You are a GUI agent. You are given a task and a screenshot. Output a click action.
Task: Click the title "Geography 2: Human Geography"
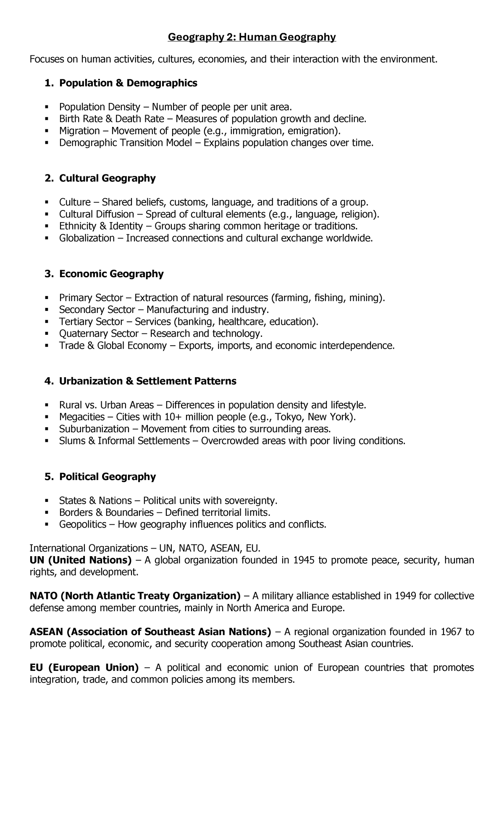pos(252,37)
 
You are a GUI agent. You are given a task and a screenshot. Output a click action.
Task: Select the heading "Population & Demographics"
pos(128,83)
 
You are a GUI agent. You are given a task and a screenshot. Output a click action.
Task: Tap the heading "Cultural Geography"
pos(107,179)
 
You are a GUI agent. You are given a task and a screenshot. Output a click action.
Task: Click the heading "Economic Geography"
pos(111,274)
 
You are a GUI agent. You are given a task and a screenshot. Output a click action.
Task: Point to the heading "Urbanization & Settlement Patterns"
pos(147,381)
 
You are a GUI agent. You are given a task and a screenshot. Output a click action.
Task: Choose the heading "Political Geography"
pos(107,477)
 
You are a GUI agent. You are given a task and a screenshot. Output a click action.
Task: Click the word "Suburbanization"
pos(94,429)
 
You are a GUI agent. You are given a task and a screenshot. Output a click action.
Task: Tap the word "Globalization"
pos(87,238)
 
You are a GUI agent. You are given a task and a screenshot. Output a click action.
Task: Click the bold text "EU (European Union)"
pos(84,667)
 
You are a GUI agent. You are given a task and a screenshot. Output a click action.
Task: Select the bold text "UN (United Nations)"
pos(81,560)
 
